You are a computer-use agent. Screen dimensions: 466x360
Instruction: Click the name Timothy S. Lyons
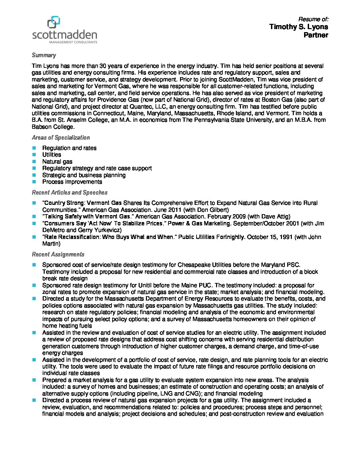(298, 27)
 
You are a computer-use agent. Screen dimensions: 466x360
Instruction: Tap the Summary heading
(44, 55)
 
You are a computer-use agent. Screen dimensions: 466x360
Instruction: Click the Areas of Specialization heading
(61, 138)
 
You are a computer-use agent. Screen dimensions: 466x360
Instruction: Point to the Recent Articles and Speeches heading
(69, 193)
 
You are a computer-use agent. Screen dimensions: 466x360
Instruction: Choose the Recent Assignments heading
(58, 255)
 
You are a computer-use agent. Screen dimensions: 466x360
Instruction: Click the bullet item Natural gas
(57, 162)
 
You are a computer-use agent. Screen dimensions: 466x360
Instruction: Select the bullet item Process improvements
(72, 182)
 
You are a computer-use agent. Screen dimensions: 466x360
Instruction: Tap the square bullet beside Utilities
(34, 155)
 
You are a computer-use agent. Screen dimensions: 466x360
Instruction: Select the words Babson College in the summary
(53, 127)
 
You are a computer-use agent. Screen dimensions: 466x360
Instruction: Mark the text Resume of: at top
(313, 19)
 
